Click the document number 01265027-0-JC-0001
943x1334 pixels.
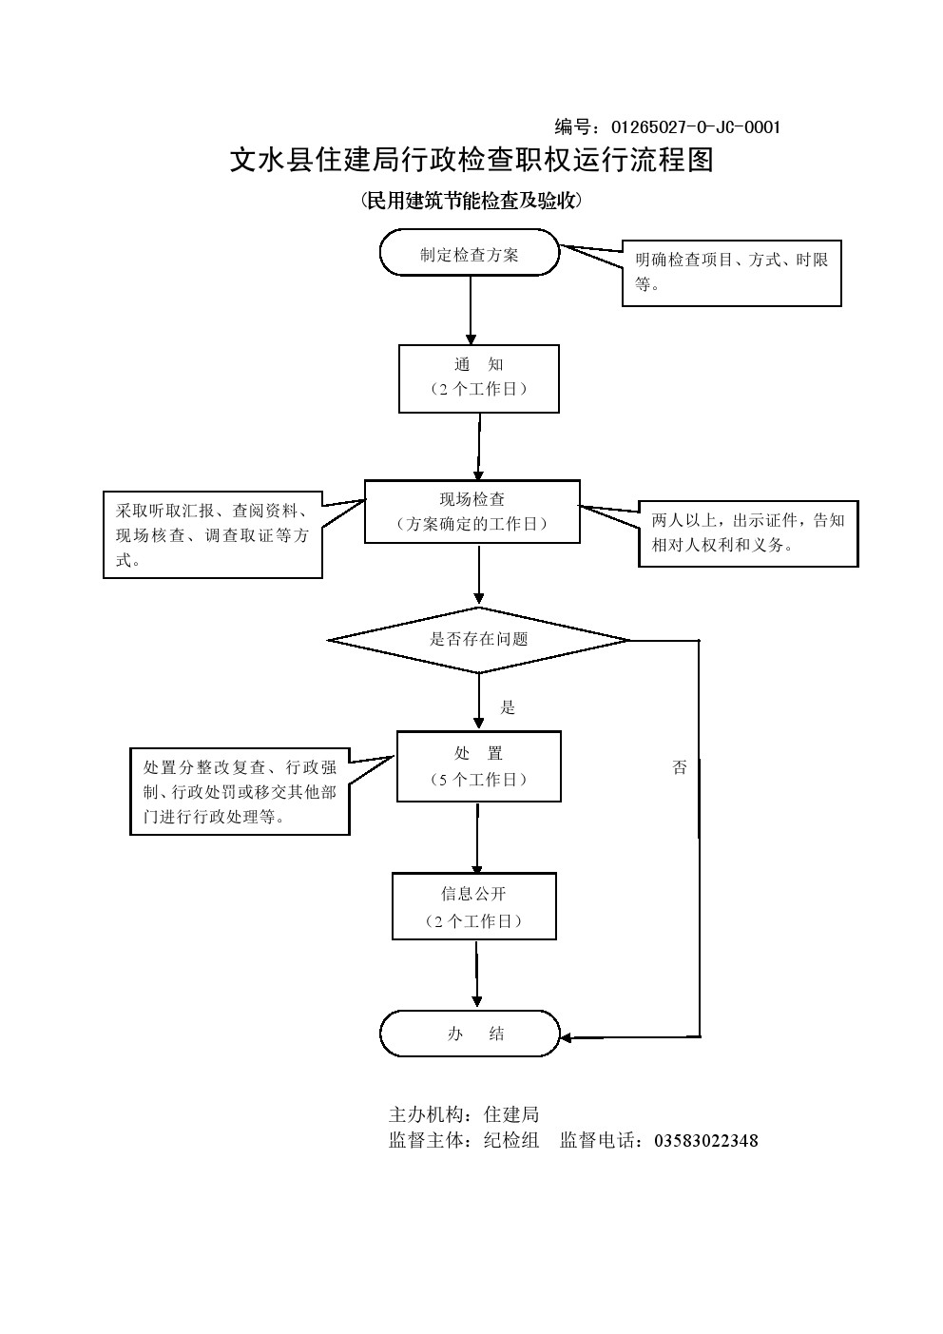coord(695,126)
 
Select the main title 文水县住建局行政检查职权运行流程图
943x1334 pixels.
coord(471,161)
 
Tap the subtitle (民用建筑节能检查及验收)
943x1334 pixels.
coord(471,201)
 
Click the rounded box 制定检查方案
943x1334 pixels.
coord(470,254)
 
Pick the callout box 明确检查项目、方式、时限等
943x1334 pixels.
coord(731,272)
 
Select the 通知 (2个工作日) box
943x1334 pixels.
coord(478,377)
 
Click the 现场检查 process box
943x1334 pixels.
coord(471,512)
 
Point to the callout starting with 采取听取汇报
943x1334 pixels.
coord(212,535)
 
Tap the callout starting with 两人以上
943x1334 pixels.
coord(748,533)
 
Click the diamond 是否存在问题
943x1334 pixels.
coord(478,640)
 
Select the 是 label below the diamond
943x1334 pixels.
coord(508,707)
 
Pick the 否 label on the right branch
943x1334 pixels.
coord(680,768)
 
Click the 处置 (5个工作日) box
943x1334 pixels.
coord(478,766)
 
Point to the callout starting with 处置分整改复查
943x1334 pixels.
coord(240,791)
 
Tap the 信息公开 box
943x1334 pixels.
coord(473,906)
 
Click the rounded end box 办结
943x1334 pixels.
coord(471,1034)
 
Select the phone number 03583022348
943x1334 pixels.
coord(705,1141)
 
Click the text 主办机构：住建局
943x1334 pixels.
coord(464,1114)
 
